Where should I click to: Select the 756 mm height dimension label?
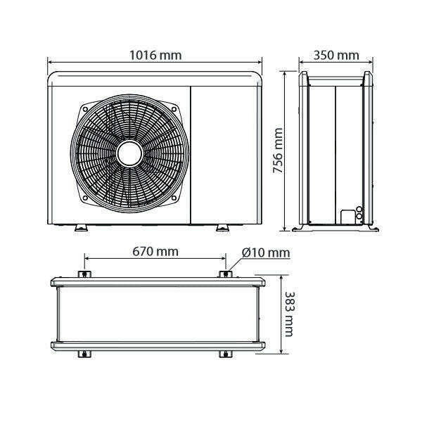(x=278, y=151)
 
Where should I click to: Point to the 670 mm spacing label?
(x=155, y=251)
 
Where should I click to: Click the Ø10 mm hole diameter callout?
(x=265, y=252)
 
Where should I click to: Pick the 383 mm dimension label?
(x=288, y=314)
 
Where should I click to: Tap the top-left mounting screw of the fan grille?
(x=85, y=110)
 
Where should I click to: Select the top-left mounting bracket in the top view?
(x=82, y=274)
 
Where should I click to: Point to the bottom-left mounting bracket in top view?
(x=82, y=353)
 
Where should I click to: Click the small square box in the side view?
(x=347, y=216)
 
